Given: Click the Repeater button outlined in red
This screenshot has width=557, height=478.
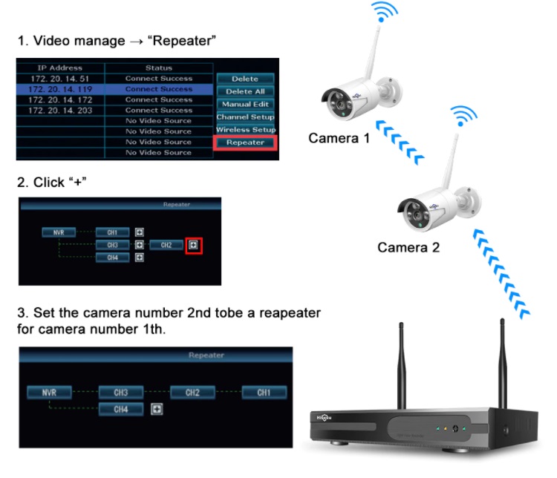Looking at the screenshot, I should (x=244, y=142).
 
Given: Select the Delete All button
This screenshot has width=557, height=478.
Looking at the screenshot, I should (x=244, y=91).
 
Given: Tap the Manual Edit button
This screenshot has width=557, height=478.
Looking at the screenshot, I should (x=245, y=104).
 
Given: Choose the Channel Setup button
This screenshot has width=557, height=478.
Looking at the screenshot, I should (x=245, y=117).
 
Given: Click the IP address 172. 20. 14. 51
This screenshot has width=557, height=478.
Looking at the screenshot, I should (x=59, y=78).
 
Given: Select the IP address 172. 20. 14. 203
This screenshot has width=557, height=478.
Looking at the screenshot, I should (x=59, y=110).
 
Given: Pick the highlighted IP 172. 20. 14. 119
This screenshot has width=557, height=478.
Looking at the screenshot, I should (x=59, y=88).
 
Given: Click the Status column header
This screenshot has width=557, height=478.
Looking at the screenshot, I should (x=158, y=68).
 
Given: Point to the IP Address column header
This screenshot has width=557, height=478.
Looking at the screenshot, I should (x=59, y=68).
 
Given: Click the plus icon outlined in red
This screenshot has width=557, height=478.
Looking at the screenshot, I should (x=193, y=244).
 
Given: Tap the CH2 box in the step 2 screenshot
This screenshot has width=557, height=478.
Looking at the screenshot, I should (x=166, y=244).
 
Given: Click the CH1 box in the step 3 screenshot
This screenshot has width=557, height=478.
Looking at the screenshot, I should (x=264, y=392).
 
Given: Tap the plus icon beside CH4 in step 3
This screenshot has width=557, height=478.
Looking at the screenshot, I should (x=157, y=408).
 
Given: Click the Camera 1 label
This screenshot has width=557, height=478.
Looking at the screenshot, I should (x=339, y=138).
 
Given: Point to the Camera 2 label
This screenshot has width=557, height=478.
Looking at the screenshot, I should (x=408, y=247).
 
